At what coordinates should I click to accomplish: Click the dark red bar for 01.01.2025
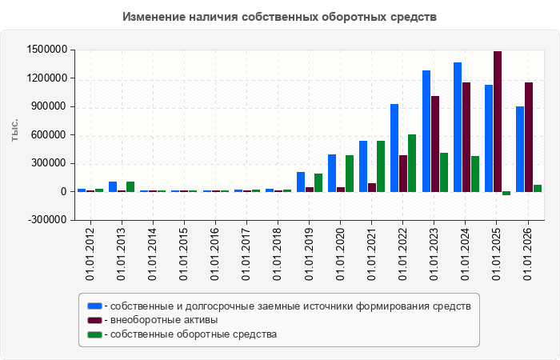(x=498, y=122)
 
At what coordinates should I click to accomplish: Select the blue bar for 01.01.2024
(x=458, y=127)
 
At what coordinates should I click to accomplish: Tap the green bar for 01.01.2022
(x=412, y=163)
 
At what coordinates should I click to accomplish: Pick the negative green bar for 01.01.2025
(x=506, y=194)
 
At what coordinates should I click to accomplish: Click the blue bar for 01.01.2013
(x=113, y=186)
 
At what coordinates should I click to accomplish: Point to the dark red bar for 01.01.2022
(x=403, y=174)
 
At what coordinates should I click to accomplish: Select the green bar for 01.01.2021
(x=381, y=166)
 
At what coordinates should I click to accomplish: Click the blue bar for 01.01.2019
(x=301, y=182)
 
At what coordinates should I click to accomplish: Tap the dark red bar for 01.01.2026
(x=529, y=137)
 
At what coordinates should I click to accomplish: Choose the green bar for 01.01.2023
(x=444, y=173)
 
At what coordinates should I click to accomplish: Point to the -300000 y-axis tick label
(x=46, y=220)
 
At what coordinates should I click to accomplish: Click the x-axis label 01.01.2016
(x=215, y=254)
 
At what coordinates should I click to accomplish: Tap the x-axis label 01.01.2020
(x=340, y=254)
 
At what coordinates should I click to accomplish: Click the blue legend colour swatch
(x=94, y=306)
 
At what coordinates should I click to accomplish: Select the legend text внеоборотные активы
(x=164, y=320)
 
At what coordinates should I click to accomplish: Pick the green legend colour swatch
(x=94, y=334)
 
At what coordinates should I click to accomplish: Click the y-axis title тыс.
(x=14, y=130)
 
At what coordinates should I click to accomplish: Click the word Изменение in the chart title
(x=154, y=17)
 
